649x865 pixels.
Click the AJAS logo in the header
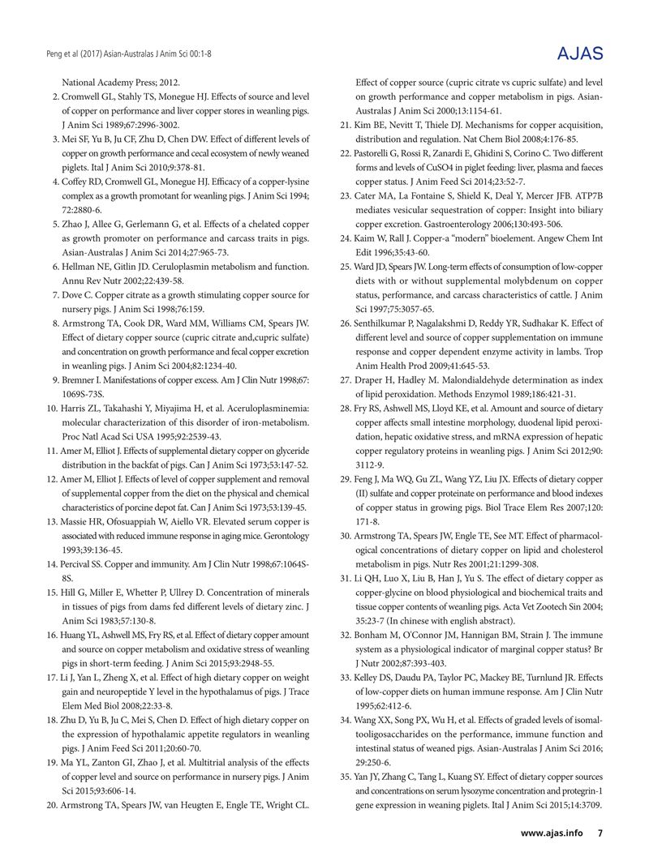581,54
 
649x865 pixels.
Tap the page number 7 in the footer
600,833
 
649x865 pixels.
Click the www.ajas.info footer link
552,833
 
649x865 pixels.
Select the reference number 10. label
48,408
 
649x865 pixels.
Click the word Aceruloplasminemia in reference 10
264,408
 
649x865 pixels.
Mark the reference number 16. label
48,635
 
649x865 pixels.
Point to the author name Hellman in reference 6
78,266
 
